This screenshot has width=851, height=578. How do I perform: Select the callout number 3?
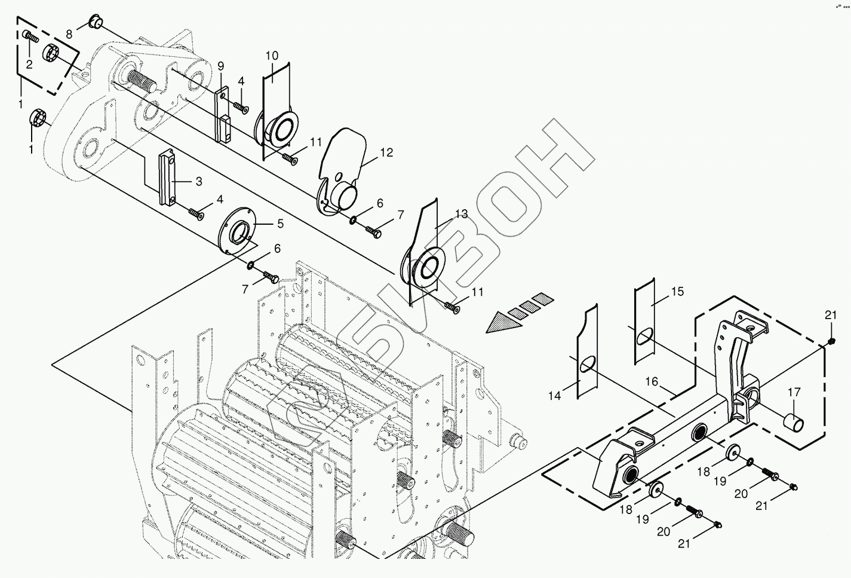click(x=198, y=181)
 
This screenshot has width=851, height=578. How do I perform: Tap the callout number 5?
click(x=279, y=224)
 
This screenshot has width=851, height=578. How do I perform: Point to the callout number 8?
click(x=69, y=33)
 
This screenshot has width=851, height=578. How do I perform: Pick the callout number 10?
click(x=272, y=56)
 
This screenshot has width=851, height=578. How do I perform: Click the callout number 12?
click(x=386, y=153)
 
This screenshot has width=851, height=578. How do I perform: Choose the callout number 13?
click(x=461, y=214)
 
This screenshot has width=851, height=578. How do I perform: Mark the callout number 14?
click(x=555, y=396)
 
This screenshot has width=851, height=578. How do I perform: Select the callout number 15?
click(x=677, y=292)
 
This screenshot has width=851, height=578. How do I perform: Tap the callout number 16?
click(x=651, y=381)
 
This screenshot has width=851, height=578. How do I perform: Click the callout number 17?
click(x=793, y=393)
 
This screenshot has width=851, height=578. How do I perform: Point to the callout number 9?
click(x=220, y=65)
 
